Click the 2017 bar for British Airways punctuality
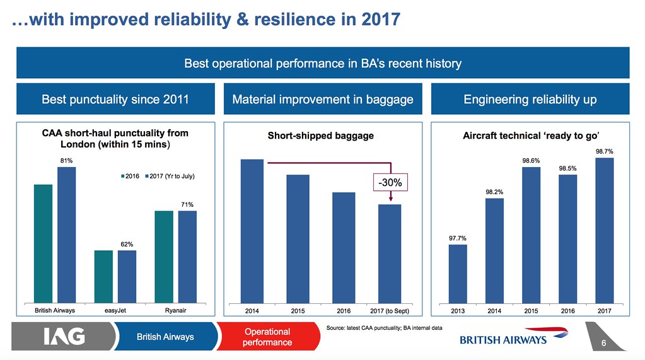point(66,235)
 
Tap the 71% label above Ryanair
point(187,204)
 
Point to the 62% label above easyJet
point(127,244)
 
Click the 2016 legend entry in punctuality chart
point(131,176)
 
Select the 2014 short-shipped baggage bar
point(252,231)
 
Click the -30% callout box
point(392,183)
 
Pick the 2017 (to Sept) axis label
point(390,311)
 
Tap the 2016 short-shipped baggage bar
point(344,247)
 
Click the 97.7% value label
point(458,238)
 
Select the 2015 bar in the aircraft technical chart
point(531,235)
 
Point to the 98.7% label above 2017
point(604,151)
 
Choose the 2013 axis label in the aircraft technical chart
point(458,311)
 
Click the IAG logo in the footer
point(64,337)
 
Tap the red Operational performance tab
point(267,337)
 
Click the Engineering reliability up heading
point(530,100)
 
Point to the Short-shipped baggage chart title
point(320,136)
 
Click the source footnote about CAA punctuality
point(384,328)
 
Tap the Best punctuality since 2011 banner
point(115,100)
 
